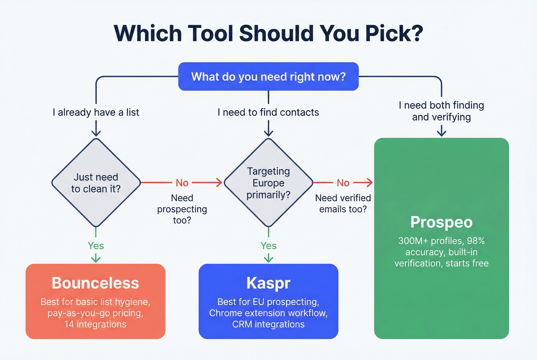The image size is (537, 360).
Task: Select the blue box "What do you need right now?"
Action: [268, 77]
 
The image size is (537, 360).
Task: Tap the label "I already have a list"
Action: [96, 112]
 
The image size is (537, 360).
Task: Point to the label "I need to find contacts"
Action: [268, 112]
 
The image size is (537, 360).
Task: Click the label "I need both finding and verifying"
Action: [441, 111]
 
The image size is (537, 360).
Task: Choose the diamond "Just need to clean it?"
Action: [96, 183]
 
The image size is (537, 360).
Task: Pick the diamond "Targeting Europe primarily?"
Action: [268, 183]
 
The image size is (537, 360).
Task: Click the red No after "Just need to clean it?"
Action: [182, 183]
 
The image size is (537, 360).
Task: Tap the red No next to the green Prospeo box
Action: [343, 183]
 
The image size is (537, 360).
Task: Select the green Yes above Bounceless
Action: [96, 246]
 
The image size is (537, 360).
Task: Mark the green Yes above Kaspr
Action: [268, 246]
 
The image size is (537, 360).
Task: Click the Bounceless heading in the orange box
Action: [96, 283]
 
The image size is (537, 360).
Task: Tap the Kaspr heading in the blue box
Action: [268, 283]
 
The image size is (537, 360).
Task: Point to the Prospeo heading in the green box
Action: [441, 222]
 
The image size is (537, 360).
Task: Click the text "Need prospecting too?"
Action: [182, 209]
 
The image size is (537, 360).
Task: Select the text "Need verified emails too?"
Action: [343, 203]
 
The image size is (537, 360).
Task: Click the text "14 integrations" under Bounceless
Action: [96, 324]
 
